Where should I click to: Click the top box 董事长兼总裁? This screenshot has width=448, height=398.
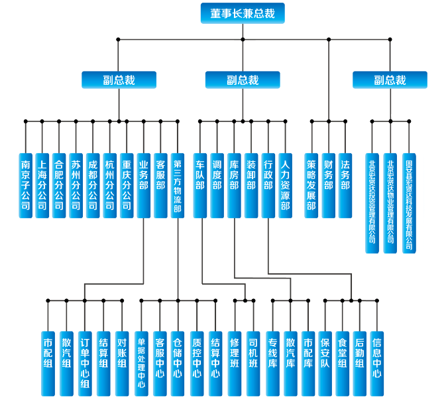click(242, 13)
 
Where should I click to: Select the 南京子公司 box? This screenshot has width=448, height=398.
click(25, 185)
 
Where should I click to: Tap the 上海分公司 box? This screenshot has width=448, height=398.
click(42, 185)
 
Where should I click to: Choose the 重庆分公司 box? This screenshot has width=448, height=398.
click(127, 185)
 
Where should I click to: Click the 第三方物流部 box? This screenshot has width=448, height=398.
click(177, 185)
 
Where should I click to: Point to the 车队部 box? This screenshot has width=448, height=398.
click(199, 185)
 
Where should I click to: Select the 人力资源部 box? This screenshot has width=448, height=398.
click(285, 185)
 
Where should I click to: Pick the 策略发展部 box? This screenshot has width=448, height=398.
click(311, 185)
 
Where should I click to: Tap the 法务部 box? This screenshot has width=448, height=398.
click(345, 185)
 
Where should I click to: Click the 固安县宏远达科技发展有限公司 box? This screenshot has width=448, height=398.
click(408, 202)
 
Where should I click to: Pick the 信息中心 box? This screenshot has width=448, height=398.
click(376, 358)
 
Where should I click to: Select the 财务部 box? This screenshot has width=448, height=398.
click(328, 185)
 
